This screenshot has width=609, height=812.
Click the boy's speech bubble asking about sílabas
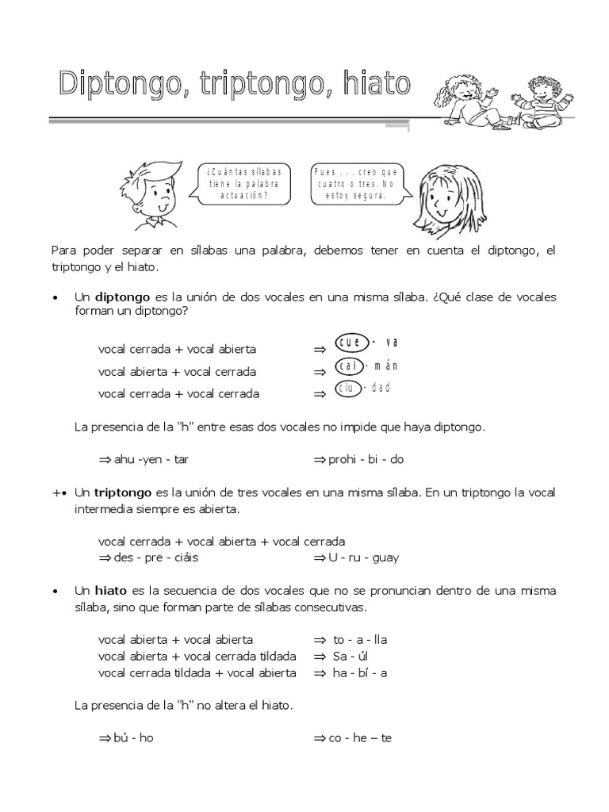tap(243, 185)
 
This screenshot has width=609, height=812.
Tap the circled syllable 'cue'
tap(350, 343)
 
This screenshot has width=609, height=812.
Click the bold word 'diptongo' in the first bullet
tap(122, 297)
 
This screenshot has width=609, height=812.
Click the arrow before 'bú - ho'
tap(104, 737)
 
